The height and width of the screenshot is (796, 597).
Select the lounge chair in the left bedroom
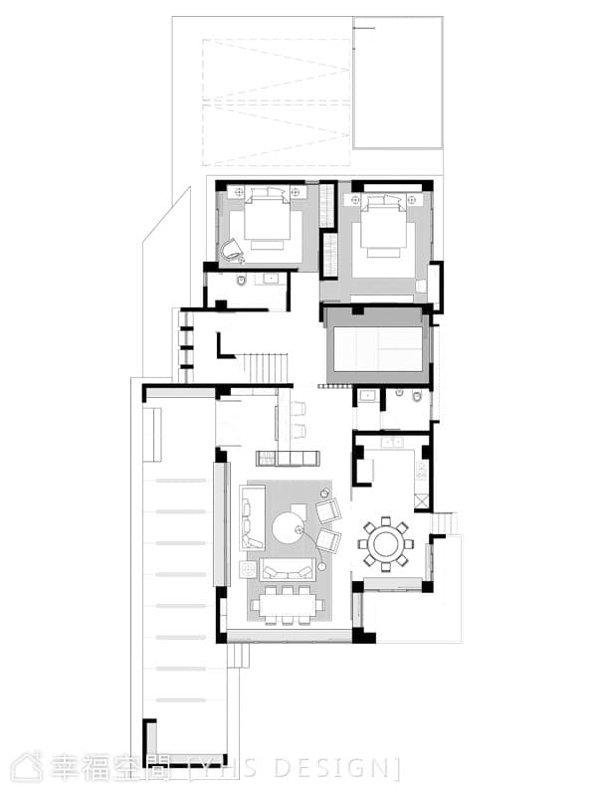[233, 251]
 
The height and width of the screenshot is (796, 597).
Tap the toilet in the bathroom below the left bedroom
[241, 280]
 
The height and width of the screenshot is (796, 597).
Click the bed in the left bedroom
[268, 218]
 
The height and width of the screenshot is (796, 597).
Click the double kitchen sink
[392, 442]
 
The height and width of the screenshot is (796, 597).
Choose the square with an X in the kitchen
[422, 501]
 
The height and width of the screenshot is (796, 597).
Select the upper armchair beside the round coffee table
[328, 510]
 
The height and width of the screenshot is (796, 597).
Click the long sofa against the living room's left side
[253, 517]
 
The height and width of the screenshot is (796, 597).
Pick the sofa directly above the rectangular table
[288, 569]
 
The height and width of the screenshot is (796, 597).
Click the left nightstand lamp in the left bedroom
[239, 192]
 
